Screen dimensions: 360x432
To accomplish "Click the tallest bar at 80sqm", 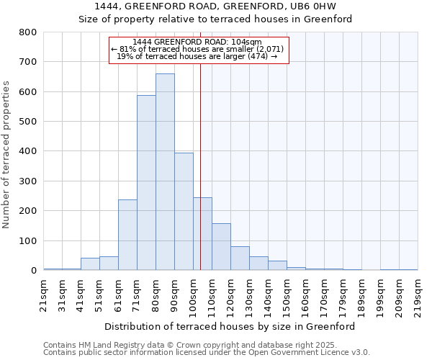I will tap(165, 173).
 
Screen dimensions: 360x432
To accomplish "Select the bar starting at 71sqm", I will tap(146, 184).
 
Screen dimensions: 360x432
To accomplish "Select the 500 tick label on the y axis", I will tap(27, 122).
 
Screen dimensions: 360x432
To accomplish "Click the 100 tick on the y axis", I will tap(27, 241).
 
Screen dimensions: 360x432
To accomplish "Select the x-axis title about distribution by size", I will tap(230, 326).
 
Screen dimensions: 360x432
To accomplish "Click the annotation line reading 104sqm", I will tap(197, 42).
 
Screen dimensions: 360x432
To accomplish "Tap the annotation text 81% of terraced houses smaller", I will tap(197, 49).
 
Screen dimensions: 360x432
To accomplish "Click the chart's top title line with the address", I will tap(215, 6).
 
